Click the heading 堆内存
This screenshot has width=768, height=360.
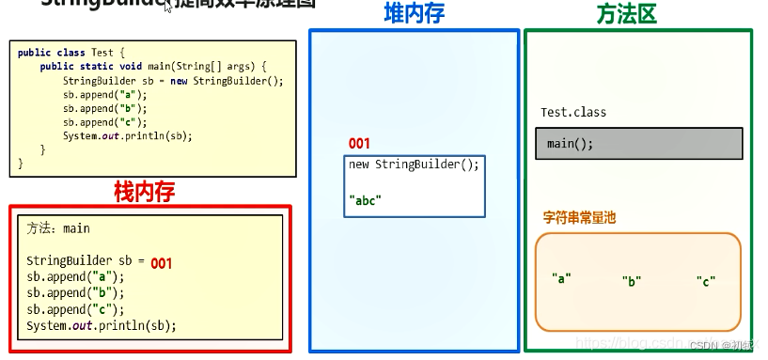click(415, 13)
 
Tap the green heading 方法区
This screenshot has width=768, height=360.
click(626, 14)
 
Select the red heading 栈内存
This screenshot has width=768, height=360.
click(144, 192)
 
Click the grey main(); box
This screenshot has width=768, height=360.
click(639, 144)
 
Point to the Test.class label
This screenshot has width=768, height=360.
click(573, 113)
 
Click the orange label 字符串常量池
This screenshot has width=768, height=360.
click(579, 217)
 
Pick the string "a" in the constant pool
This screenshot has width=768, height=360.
click(561, 278)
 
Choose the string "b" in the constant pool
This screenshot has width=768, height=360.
click(632, 281)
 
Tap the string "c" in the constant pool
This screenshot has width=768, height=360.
click(706, 281)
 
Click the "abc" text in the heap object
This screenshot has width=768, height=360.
click(368, 199)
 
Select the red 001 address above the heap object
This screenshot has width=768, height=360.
click(359, 144)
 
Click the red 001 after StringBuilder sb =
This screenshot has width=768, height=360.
click(161, 264)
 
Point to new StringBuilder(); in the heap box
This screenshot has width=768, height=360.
click(414, 164)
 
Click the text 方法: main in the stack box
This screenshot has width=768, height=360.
click(58, 228)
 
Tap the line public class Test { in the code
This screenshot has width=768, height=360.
click(71, 53)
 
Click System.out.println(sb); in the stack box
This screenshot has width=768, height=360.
click(102, 326)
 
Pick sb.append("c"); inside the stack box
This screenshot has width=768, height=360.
click(75, 309)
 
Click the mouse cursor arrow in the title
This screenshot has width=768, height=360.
click(168, 7)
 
